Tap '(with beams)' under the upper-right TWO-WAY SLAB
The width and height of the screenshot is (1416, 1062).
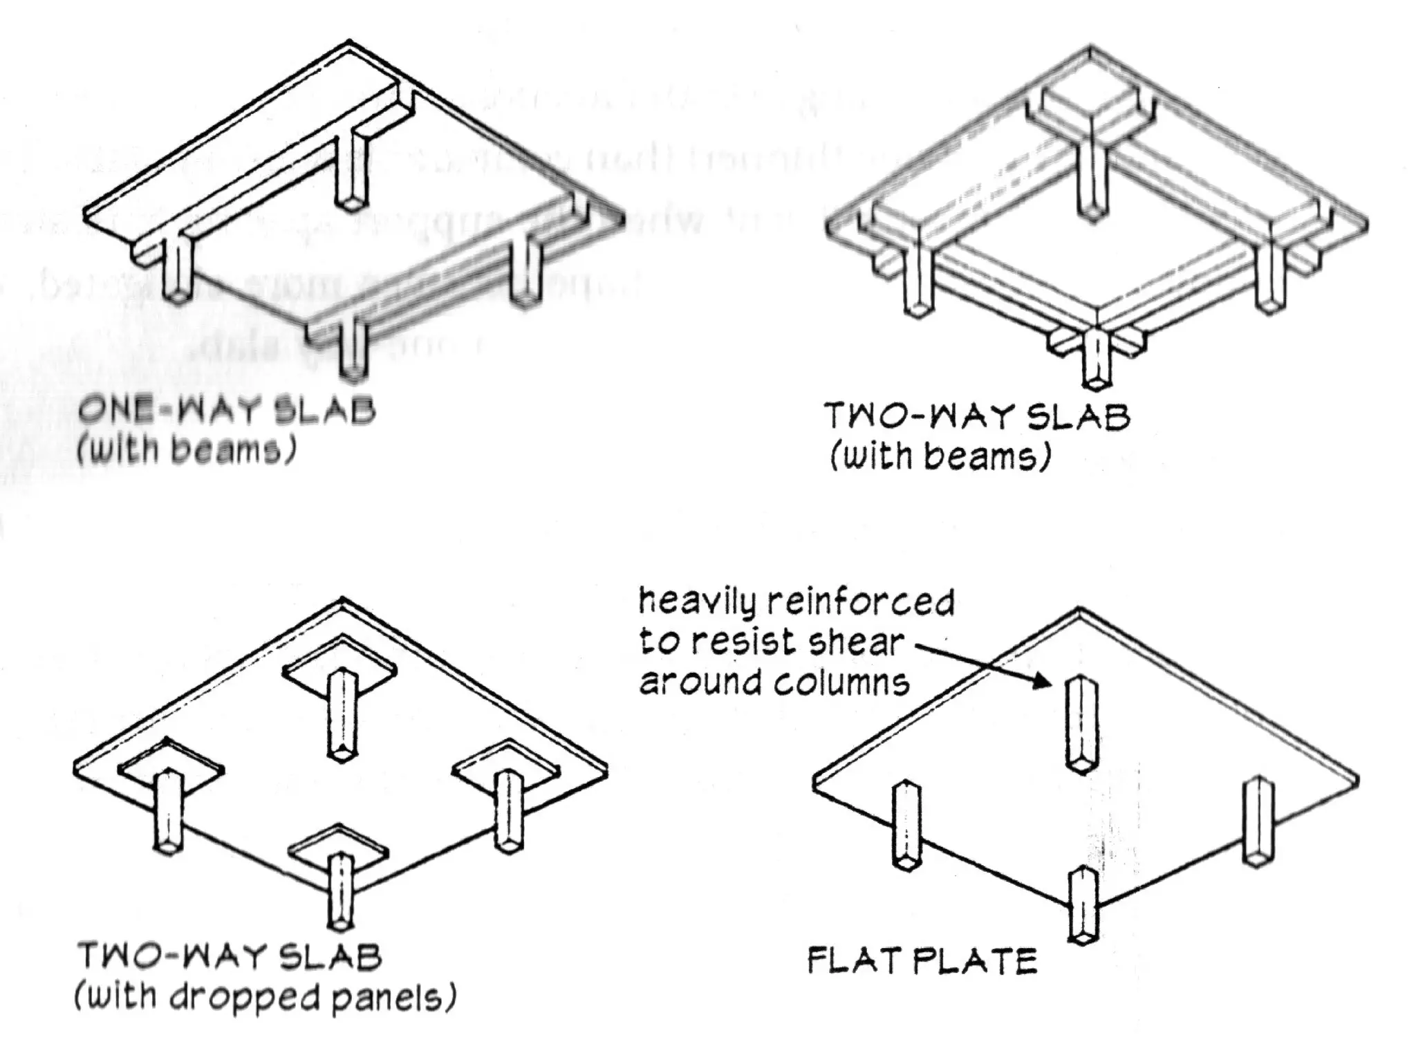coord(940,457)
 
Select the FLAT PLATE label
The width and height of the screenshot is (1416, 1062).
coord(922,962)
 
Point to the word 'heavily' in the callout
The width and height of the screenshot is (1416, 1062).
coord(699,603)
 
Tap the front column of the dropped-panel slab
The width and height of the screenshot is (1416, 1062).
coord(341,892)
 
